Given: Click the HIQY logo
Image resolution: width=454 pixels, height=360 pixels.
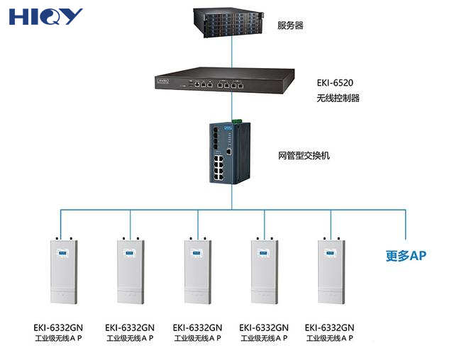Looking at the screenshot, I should point(46,16).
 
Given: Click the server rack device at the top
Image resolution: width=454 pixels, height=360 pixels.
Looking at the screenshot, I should point(230,23).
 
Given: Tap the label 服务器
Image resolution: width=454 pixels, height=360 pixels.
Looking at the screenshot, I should point(290,26).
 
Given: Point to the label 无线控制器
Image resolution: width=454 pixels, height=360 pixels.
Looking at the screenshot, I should point(338,99).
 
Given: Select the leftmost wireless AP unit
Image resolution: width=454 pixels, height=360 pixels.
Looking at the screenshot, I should point(62,274).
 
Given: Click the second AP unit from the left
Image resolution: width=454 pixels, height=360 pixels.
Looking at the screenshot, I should point(130,274).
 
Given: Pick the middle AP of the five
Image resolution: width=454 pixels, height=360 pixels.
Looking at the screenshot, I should point(197,274).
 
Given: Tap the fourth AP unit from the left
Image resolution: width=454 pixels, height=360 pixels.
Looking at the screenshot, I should point(265,274).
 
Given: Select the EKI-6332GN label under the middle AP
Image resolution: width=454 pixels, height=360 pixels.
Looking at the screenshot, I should point(197,327).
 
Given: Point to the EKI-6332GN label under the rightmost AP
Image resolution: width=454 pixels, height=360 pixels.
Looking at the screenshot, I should point(329,327).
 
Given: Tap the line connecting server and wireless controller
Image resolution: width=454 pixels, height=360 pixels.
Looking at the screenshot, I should point(231,52).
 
